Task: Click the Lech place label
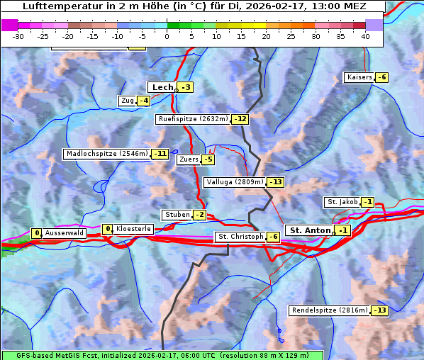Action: [162, 87]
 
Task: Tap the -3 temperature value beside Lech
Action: [186, 87]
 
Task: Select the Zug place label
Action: [127, 101]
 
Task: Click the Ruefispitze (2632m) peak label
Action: [193, 119]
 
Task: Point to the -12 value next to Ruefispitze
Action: [240, 119]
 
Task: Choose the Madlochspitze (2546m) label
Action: [106, 154]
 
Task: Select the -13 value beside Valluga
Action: [275, 182]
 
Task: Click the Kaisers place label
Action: [359, 77]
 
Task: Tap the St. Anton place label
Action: [310, 230]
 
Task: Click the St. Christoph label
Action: [240, 236]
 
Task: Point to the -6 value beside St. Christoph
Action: [273, 236]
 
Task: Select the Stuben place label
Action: [177, 215]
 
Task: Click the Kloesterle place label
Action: [133, 229]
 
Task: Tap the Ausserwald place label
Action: [65, 232]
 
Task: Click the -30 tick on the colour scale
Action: [19, 36]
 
